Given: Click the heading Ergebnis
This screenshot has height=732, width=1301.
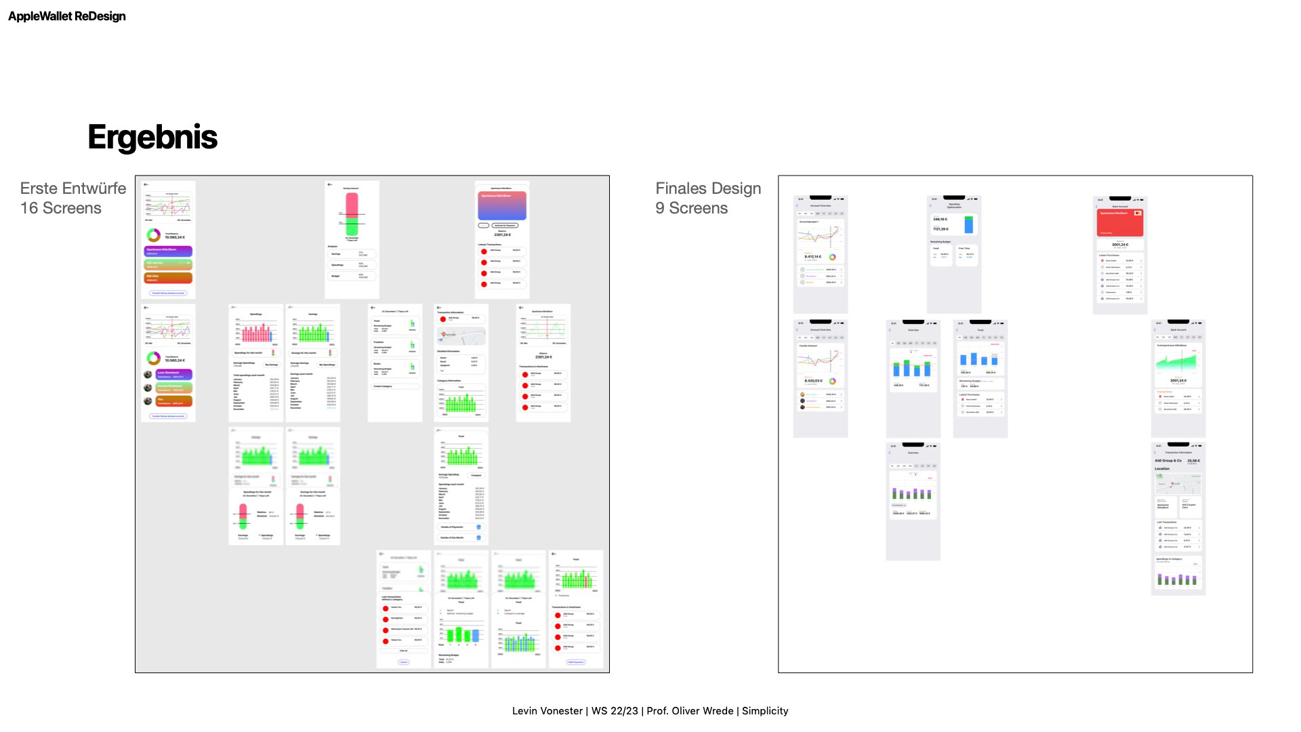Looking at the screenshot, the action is click(x=152, y=137).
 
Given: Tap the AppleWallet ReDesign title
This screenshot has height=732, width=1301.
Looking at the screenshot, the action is click(x=66, y=16).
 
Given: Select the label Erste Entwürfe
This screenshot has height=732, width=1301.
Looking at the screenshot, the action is click(x=73, y=188).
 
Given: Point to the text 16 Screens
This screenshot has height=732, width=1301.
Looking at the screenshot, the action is click(x=61, y=208).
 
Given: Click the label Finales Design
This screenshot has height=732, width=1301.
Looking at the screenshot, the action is click(x=708, y=188).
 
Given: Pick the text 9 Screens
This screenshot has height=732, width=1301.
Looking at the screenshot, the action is click(x=691, y=208).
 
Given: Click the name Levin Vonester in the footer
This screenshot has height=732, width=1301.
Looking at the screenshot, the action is click(x=547, y=711).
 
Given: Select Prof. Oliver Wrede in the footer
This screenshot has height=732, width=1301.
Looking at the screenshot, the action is click(x=690, y=711).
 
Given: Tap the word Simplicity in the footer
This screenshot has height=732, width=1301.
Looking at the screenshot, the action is click(x=765, y=711).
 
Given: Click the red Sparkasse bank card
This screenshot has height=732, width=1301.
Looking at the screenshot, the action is click(x=1120, y=222).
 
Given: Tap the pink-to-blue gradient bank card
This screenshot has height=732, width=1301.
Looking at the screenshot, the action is click(x=502, y=205).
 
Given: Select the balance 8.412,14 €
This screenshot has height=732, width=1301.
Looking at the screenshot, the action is click(x=813, y=257).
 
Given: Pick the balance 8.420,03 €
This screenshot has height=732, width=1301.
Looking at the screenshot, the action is click(x=813, y=381).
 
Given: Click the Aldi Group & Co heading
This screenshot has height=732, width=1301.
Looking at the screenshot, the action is click(x=1168, y=461).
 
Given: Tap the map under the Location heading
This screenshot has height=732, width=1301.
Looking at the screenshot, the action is click(x=1178, y=484).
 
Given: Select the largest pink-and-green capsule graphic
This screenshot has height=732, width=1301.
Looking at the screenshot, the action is click(x=352, y=214).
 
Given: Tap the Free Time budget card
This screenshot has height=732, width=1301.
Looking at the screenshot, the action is click(x=967, y=255).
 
